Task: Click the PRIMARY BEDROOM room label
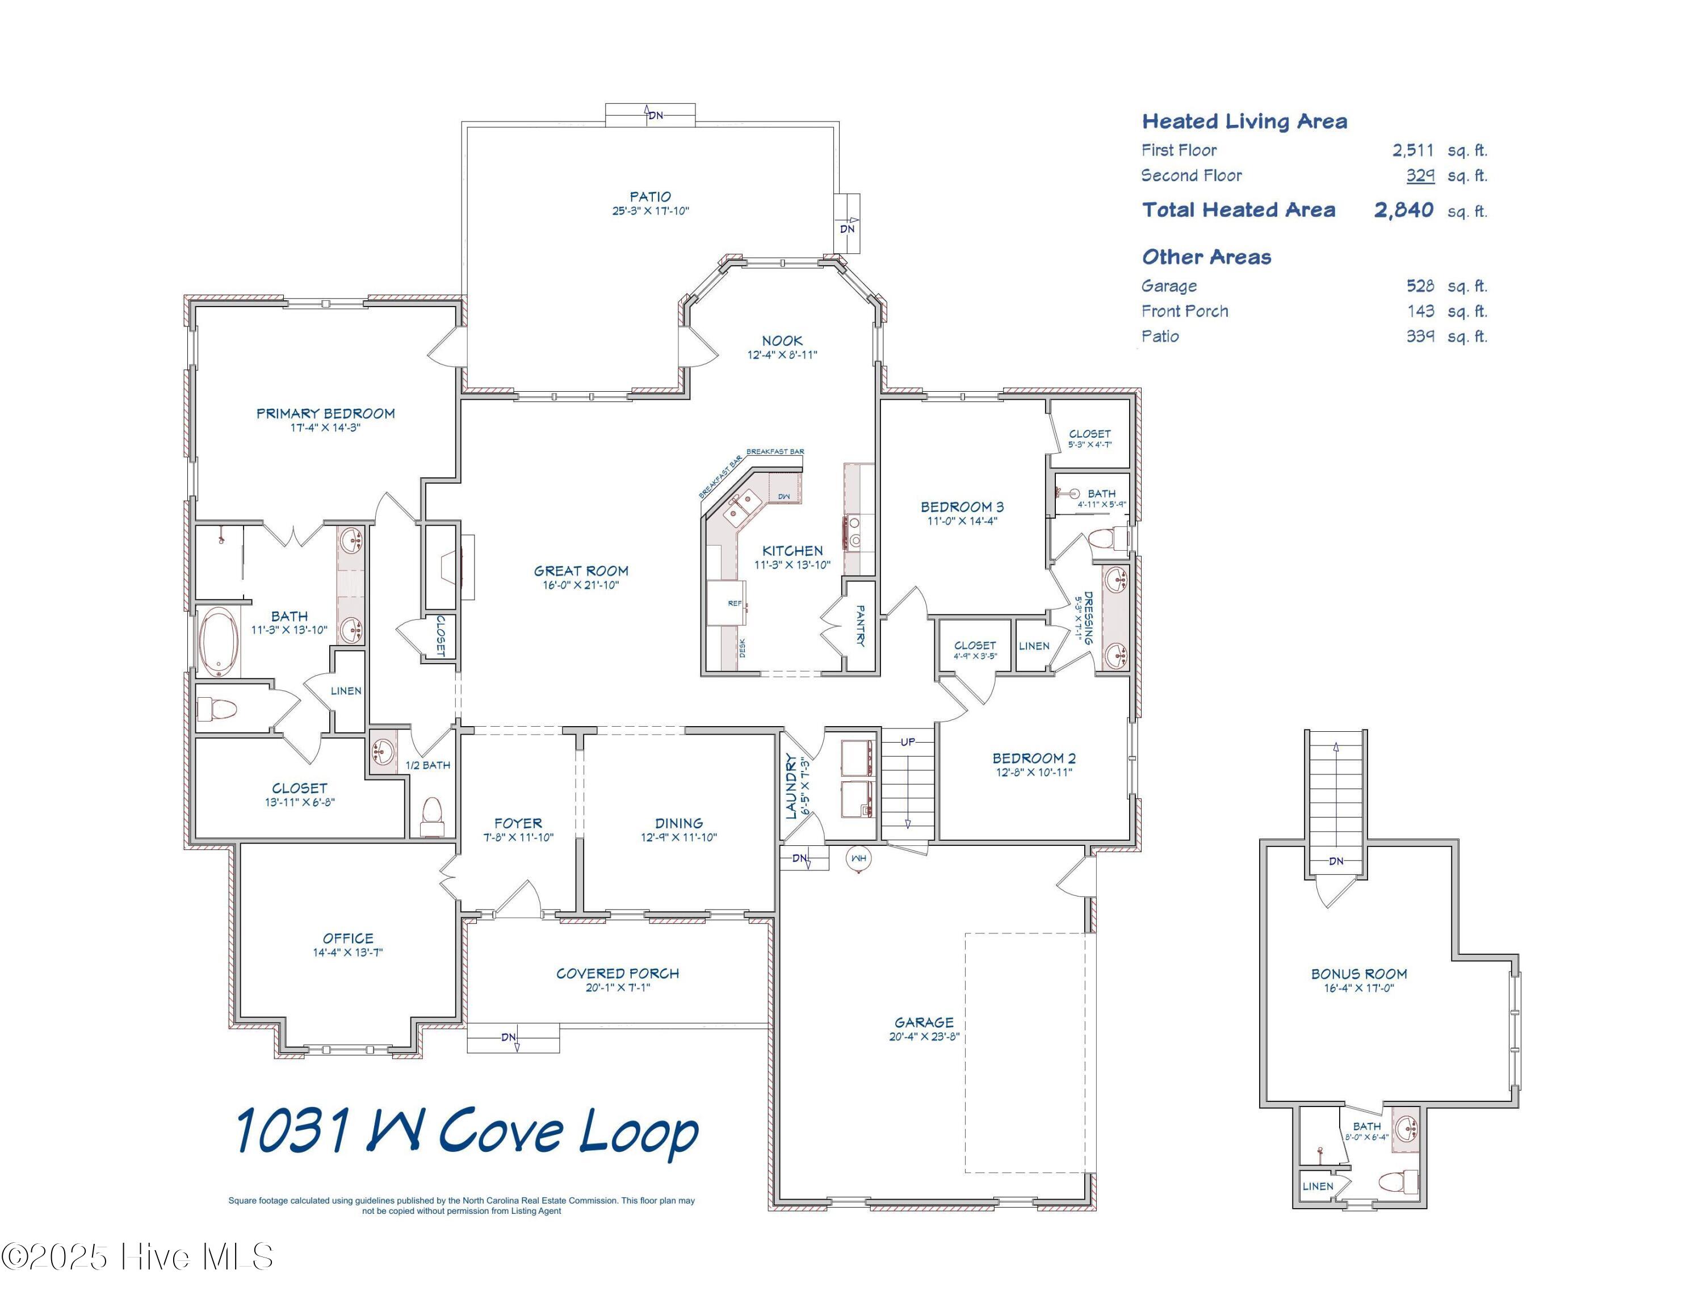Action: pyautogui.click(x=325, y=413)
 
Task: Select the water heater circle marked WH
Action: pyautogui.click(x=858, y=858)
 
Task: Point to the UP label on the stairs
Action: pyautogui.click(x=908, y=741)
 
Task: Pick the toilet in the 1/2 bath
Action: pyautogui.click(x=431, y=815)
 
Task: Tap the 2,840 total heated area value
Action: pyautogui.click(x=1404, y=209)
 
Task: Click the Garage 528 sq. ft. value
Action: pyautogui.click(x=1420, y=286)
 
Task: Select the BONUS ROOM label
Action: pyautogui.click(x=1359, y=974)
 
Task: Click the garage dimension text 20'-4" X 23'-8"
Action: pyautogui.click(x=924, y=1037)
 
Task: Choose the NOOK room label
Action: pyautogui.click(x=782, y=341)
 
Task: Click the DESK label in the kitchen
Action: pyautogui.click(x=741, y=648)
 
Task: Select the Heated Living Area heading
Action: pyautogui.click(x=1244, y=121)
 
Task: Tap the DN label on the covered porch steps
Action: pyautogui.click(x=509, y=1037)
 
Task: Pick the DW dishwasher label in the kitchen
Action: pyautogui.click(x=783, y=497)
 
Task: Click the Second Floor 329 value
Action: pyautogui.click(x=1420, y=175)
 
